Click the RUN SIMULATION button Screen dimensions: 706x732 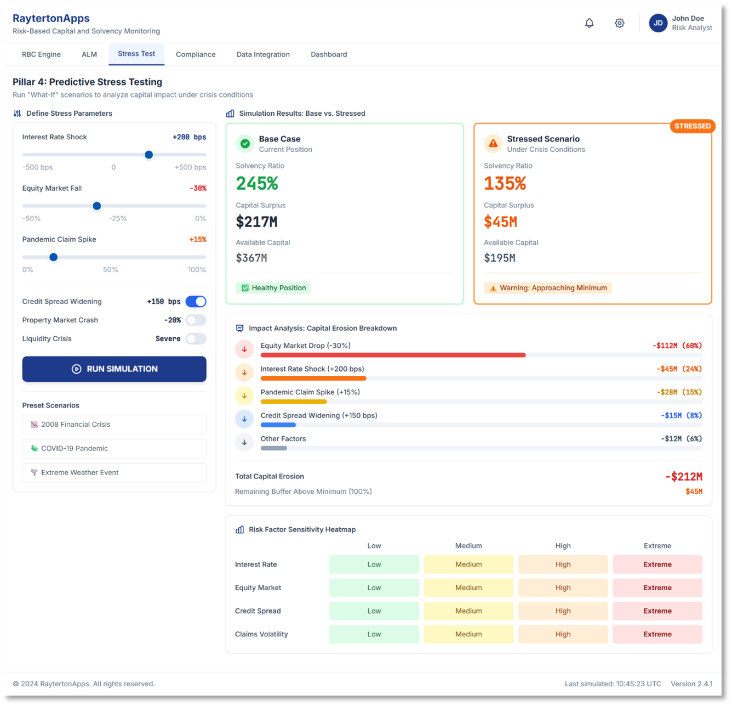[114, 369]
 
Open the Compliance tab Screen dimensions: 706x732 [196, 54]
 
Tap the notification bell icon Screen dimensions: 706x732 [589, 23]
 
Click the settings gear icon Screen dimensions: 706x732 [619, 23]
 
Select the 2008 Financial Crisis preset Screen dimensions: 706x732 [114, 424]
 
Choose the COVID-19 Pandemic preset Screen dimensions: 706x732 [114, 448]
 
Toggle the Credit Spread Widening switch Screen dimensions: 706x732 [196, 301]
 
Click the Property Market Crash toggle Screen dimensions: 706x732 [196, 320]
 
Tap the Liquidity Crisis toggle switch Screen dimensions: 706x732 [196, 338]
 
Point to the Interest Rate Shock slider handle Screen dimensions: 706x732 [148, 155]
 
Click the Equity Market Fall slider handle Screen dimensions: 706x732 [97, 206]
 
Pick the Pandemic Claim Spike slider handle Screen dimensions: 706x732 [53, 257]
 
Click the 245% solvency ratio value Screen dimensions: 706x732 [257, 183]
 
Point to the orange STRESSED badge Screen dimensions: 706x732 [692, 126]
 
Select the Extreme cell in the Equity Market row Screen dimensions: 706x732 [657, 588]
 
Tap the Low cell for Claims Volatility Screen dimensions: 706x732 [374, 634]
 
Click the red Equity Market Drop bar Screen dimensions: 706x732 [393, 355]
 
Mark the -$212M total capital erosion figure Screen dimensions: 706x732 [684, 477]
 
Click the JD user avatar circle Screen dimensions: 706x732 [658, 23]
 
